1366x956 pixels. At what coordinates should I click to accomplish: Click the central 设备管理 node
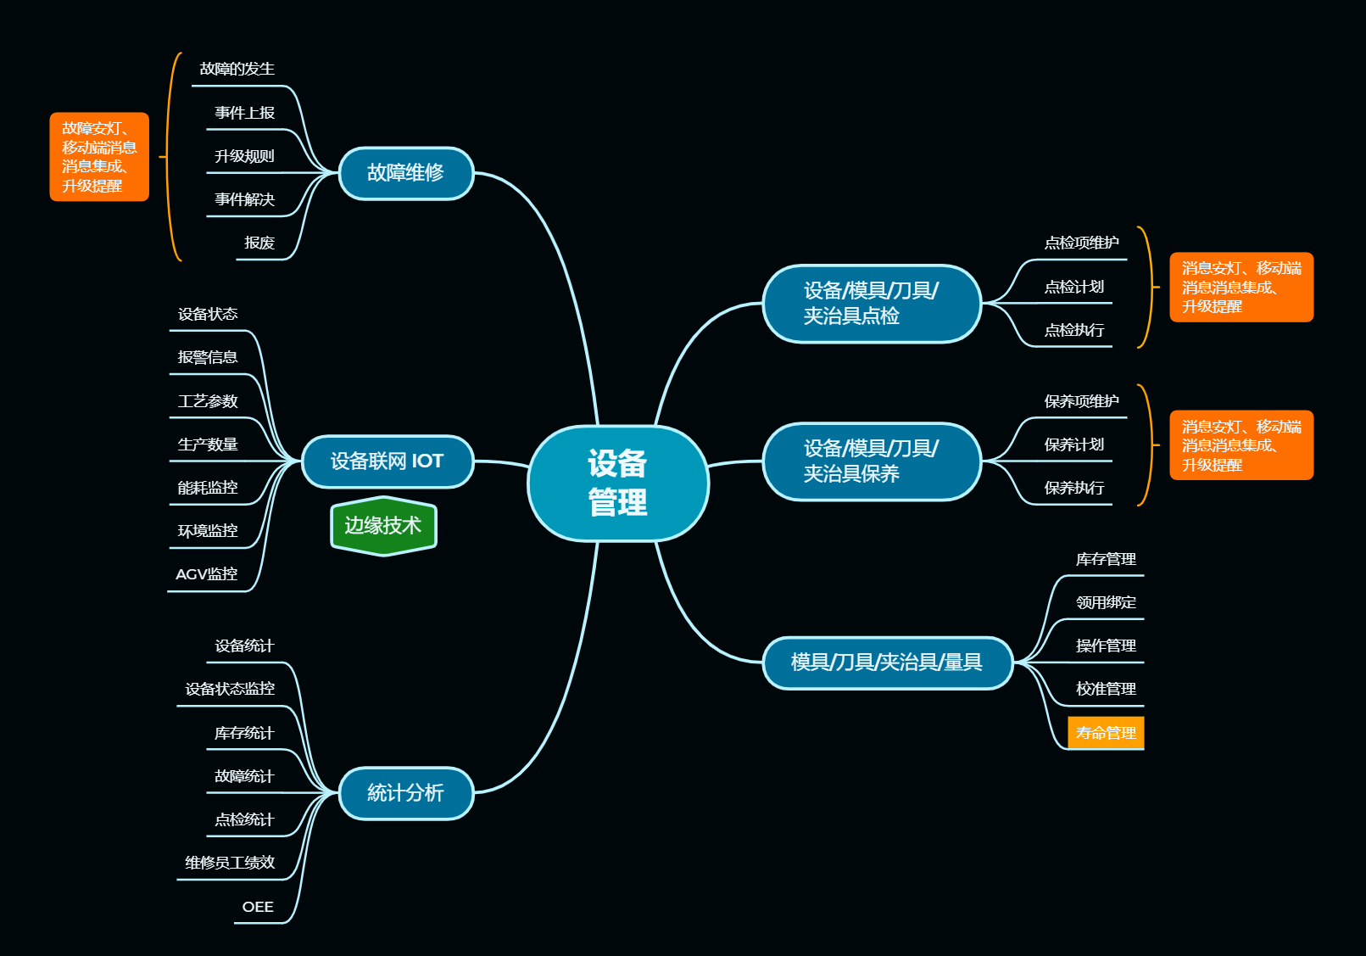(617, 483)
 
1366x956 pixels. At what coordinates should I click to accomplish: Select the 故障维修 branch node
(405, 173)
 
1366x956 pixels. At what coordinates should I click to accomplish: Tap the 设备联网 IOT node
(387, 461)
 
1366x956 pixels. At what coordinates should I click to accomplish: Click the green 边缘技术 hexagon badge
(383, 526)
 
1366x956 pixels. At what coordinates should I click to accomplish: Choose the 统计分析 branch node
(405, 793)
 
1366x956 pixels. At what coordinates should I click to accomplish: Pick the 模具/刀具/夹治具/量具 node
(887, 662)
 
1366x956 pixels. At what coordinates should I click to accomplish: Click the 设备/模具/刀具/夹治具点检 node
(871, 303)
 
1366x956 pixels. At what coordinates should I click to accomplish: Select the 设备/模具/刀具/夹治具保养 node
(871, 461)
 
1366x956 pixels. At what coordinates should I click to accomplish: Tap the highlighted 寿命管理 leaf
(1106, 733)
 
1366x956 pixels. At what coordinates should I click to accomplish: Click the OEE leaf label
(258, 907)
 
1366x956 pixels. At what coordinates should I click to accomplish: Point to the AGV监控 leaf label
(206, 574)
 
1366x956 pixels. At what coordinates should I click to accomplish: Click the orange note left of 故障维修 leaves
(99, 157)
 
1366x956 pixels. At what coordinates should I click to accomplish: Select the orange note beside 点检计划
(1241, 287)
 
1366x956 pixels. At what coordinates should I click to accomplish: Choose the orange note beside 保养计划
(1241, 445)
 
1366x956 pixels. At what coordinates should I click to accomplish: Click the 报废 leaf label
(259, 243)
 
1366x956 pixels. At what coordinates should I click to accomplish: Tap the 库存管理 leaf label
(1106, 559)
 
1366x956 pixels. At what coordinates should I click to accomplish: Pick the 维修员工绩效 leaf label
(230, 863)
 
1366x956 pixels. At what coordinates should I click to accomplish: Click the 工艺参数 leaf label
(208, 401)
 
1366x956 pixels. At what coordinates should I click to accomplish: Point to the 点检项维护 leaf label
(1081, 243)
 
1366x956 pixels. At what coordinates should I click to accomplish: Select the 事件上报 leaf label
(244, 113)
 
